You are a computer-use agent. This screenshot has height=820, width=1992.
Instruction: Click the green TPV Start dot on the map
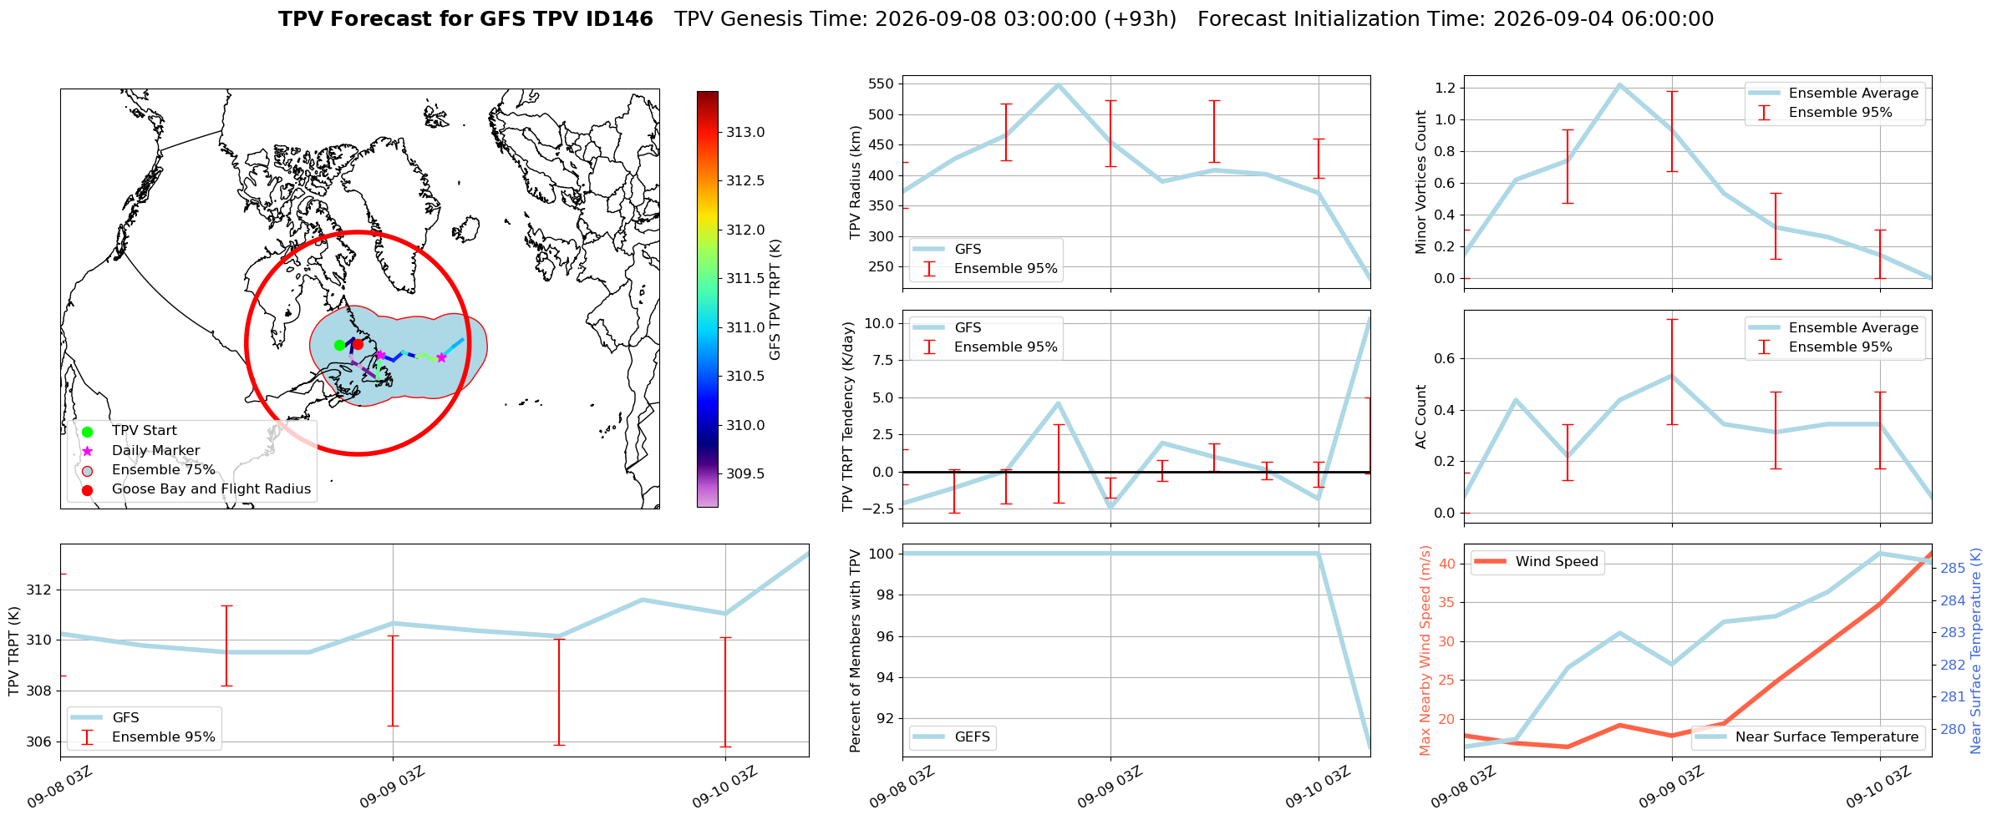[x=339, y=345]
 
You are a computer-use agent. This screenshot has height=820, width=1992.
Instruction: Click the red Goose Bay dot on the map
[x=358, y=344]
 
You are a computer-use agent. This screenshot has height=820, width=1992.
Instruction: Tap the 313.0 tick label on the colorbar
[x=745, y=132]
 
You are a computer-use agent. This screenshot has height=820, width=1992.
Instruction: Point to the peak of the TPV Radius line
[x=1058, y=84]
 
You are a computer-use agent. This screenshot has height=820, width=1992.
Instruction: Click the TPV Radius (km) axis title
[x=855, y=182]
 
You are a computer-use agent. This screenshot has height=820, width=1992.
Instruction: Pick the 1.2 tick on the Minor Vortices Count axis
[x=1446, y=88]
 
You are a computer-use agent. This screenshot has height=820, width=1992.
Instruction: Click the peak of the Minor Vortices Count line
[x=1619, y=84]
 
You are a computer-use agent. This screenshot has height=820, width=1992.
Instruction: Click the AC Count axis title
[x=1421, y=417]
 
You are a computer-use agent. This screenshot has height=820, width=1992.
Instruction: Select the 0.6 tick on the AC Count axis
[x=1446, y=358]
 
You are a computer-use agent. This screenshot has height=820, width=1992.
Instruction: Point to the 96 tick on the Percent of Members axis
[x=885, y=636]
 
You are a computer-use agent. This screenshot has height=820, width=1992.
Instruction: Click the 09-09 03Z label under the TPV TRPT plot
[x=393, y=787]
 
